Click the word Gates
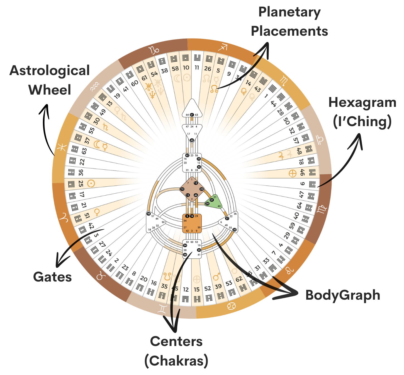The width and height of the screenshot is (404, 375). (52, 277)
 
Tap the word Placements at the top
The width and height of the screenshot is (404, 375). (289, 31)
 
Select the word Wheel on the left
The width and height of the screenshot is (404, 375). (50, 90)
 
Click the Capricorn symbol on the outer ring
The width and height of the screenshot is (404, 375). (154, 50)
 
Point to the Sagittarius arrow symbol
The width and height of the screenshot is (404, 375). (223, 47)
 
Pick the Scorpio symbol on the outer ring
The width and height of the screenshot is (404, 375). (284, 81)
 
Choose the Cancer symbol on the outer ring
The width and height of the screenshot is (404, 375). (232, 306)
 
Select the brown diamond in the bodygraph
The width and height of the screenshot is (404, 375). (192, 189)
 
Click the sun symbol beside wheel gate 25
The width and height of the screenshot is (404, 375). (91, 183)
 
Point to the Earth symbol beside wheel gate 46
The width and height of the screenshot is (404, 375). (292, 174)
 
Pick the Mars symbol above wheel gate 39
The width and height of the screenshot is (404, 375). (216, 277)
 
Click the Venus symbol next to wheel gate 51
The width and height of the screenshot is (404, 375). (97, 212)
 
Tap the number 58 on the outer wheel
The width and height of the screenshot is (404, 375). (175, 69)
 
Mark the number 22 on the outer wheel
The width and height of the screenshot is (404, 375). (82, 162)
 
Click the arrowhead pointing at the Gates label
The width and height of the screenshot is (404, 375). (59, 262)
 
